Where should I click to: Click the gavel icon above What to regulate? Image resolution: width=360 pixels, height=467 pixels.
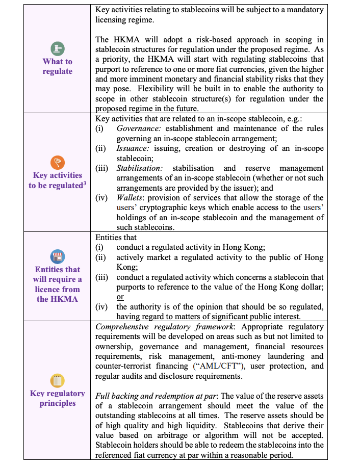(x=57, y=48)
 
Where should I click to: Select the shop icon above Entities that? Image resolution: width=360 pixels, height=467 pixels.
(x=57, y=256)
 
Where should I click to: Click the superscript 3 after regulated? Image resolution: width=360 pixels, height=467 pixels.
(x=84, y=183)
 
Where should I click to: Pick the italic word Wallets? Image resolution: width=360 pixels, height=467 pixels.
(x=130, y=198)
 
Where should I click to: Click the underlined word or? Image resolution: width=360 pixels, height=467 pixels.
(x=120, y=297)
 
